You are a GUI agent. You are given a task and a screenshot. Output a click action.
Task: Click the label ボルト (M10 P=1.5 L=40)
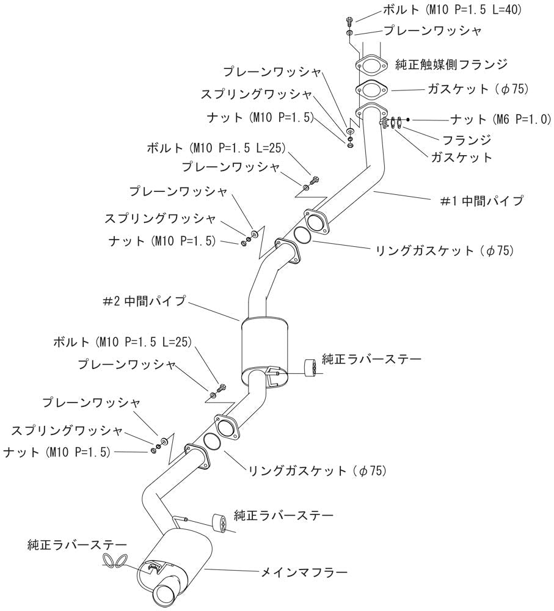452,9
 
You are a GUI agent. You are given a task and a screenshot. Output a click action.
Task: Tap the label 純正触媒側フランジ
451,64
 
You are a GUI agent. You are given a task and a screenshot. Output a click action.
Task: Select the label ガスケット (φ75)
478,89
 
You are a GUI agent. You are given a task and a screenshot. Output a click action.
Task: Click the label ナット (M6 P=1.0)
501,119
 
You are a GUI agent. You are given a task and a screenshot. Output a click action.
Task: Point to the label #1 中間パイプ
481,200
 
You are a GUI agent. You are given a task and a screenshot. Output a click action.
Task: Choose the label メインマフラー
304,573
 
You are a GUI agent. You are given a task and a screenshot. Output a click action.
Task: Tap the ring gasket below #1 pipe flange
302,235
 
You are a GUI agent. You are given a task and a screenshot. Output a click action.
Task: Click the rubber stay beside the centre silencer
310,367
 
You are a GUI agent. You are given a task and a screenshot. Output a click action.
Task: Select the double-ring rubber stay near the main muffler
115,559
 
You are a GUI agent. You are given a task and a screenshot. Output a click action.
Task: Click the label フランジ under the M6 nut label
467,139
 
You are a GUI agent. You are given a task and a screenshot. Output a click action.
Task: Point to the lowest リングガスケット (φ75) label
317,470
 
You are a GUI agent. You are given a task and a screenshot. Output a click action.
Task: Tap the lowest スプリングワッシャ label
67,431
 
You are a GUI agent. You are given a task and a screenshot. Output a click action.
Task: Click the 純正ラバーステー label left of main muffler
78,544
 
